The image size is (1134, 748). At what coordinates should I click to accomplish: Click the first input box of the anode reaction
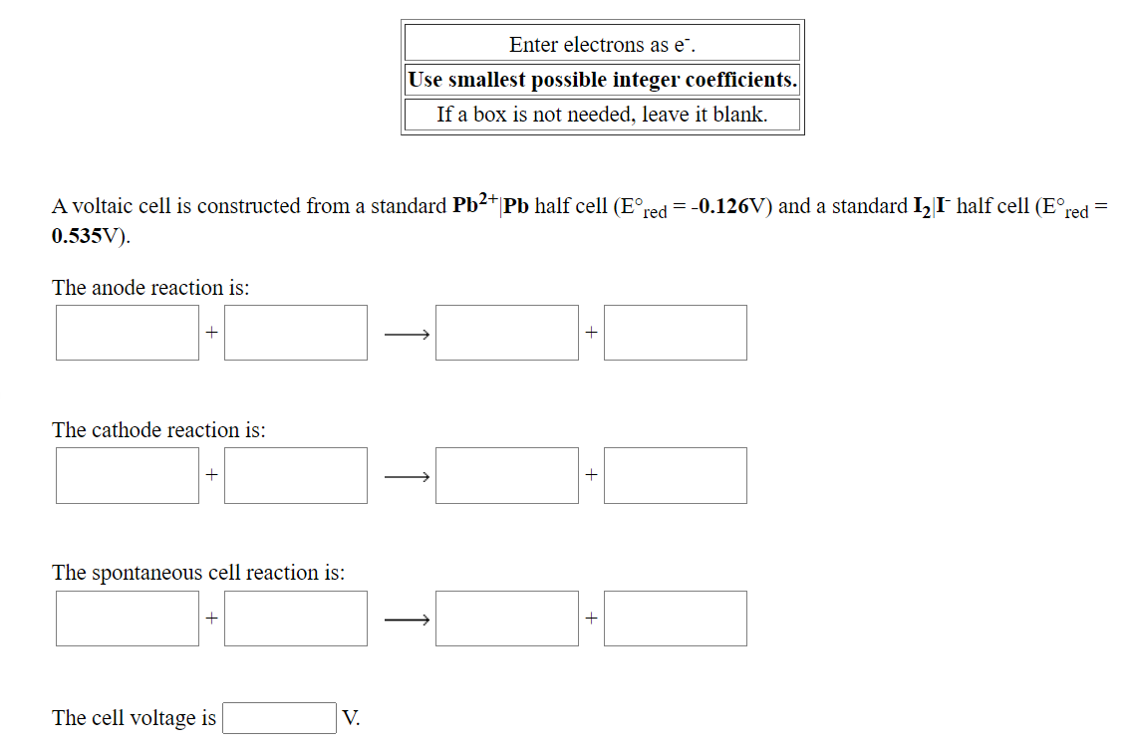pos(128,333)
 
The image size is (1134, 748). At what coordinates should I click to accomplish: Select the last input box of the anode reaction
pos(675,333)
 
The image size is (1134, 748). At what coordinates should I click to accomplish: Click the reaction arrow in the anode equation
pos(408,334)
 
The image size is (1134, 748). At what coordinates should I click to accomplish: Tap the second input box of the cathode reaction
pos(296,475)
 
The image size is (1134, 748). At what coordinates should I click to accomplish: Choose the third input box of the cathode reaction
pos(507,475)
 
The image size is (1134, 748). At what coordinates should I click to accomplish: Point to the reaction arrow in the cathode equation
pos(408,476)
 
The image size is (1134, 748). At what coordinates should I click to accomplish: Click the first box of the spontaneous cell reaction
pos(128,619)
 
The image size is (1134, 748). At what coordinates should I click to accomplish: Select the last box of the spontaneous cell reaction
pos(675,619)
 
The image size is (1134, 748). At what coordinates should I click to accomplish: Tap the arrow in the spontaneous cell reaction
pos(408,620)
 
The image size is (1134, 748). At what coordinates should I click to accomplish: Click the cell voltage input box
pos(279,718)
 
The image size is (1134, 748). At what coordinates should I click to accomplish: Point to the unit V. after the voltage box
pos(351,718)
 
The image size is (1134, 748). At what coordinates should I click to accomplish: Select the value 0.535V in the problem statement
pos(89,238)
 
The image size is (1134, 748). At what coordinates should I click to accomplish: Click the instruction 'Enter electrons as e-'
pos(602,44)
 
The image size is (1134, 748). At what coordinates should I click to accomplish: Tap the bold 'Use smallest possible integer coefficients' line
pos(602,80)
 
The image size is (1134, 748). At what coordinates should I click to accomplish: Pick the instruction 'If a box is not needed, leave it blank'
pos(602,115)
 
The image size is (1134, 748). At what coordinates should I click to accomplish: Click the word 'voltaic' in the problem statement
pos(101,207)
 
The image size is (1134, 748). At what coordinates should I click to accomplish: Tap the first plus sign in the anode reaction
pos(211,333)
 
